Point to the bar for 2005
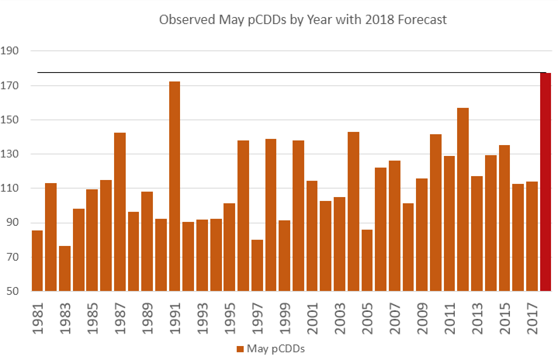pos(367,260)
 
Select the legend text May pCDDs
pos(275,348)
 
